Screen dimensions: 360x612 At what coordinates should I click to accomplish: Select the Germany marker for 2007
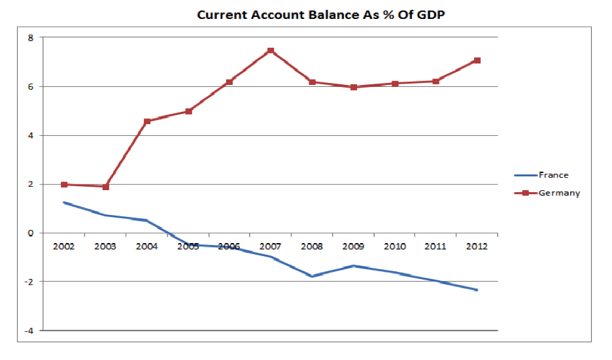pos(271,51)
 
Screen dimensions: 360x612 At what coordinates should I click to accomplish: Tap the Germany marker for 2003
pos(105,187)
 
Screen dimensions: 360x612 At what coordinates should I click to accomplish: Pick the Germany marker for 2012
pos(477,61)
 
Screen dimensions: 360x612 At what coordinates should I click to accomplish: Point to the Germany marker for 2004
pos(147,122)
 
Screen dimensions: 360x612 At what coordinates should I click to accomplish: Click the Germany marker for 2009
pos(354,87)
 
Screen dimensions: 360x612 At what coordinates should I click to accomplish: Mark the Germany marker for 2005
pos(188,111)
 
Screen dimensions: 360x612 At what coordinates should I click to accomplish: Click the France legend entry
pos(553,175)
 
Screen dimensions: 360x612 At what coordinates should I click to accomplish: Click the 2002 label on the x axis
pos(64,246)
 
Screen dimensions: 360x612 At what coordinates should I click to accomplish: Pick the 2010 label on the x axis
pos(395,246)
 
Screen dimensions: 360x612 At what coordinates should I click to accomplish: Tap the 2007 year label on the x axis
pos(271,246)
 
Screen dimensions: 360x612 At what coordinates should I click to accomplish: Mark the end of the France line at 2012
pos(477,290)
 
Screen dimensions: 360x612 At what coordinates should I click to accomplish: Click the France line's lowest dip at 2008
pos(313,276)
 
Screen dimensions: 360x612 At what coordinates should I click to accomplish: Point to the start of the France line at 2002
pos(64,203)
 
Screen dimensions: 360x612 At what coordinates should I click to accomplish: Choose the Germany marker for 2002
pos(64,185)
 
